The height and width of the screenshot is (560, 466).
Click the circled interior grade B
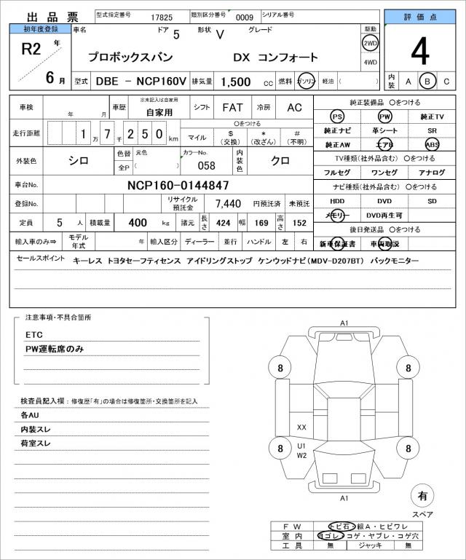(427, 81)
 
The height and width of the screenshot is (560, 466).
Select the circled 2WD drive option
(370, 43)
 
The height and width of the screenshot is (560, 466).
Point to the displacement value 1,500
(236, 82)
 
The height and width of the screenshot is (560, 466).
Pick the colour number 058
(207, 165)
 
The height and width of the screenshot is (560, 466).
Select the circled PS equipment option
(336, 117)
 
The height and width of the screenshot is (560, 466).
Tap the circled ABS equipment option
(433, 144)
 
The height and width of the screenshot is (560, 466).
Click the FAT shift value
(233, 107)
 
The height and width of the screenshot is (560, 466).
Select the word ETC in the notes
(34, 334)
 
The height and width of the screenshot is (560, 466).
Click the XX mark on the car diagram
(301, 427)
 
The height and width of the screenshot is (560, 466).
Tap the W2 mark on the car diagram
(301, 455)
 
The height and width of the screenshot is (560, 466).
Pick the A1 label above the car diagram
(344, 323)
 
